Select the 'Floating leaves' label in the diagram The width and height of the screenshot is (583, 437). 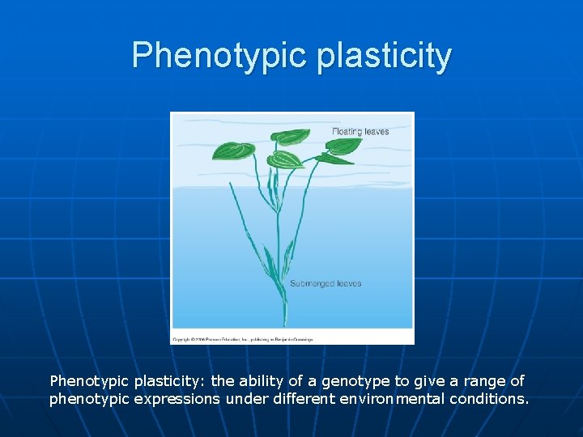click(360, 131)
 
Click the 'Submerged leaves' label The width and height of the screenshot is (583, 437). click(326, 284)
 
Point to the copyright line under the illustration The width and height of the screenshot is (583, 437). click(242, 339)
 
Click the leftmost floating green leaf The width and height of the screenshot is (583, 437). click(233, 151)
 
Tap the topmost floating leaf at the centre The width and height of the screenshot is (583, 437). click(291, 138)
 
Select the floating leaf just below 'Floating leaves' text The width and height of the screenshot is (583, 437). click(344, 146)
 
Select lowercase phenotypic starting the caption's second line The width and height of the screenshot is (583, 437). click(85, 398)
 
